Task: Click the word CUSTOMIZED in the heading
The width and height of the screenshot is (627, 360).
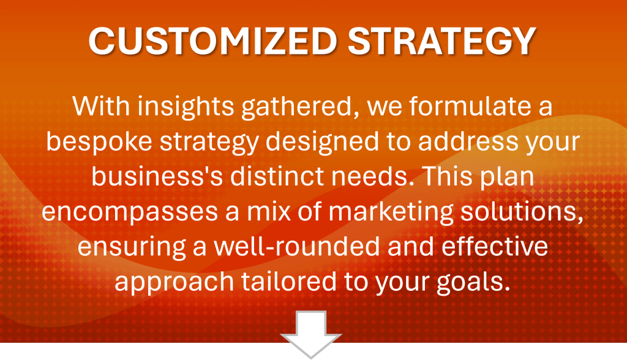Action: tap(212, 41)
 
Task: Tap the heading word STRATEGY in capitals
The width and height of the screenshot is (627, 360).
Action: tap(442, 41)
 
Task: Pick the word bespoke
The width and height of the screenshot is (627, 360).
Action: tap(99, 142)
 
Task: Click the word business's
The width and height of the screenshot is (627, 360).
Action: tap(157, 176)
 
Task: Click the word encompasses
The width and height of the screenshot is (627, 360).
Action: tap(130, 212)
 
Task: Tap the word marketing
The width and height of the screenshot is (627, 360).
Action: tap(391, 212)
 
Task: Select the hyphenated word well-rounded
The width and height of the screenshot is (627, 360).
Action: tap(297, 247)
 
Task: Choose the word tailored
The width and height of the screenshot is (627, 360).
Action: tap(289, 282)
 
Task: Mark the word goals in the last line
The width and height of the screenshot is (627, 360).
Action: tap(473, 283)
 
